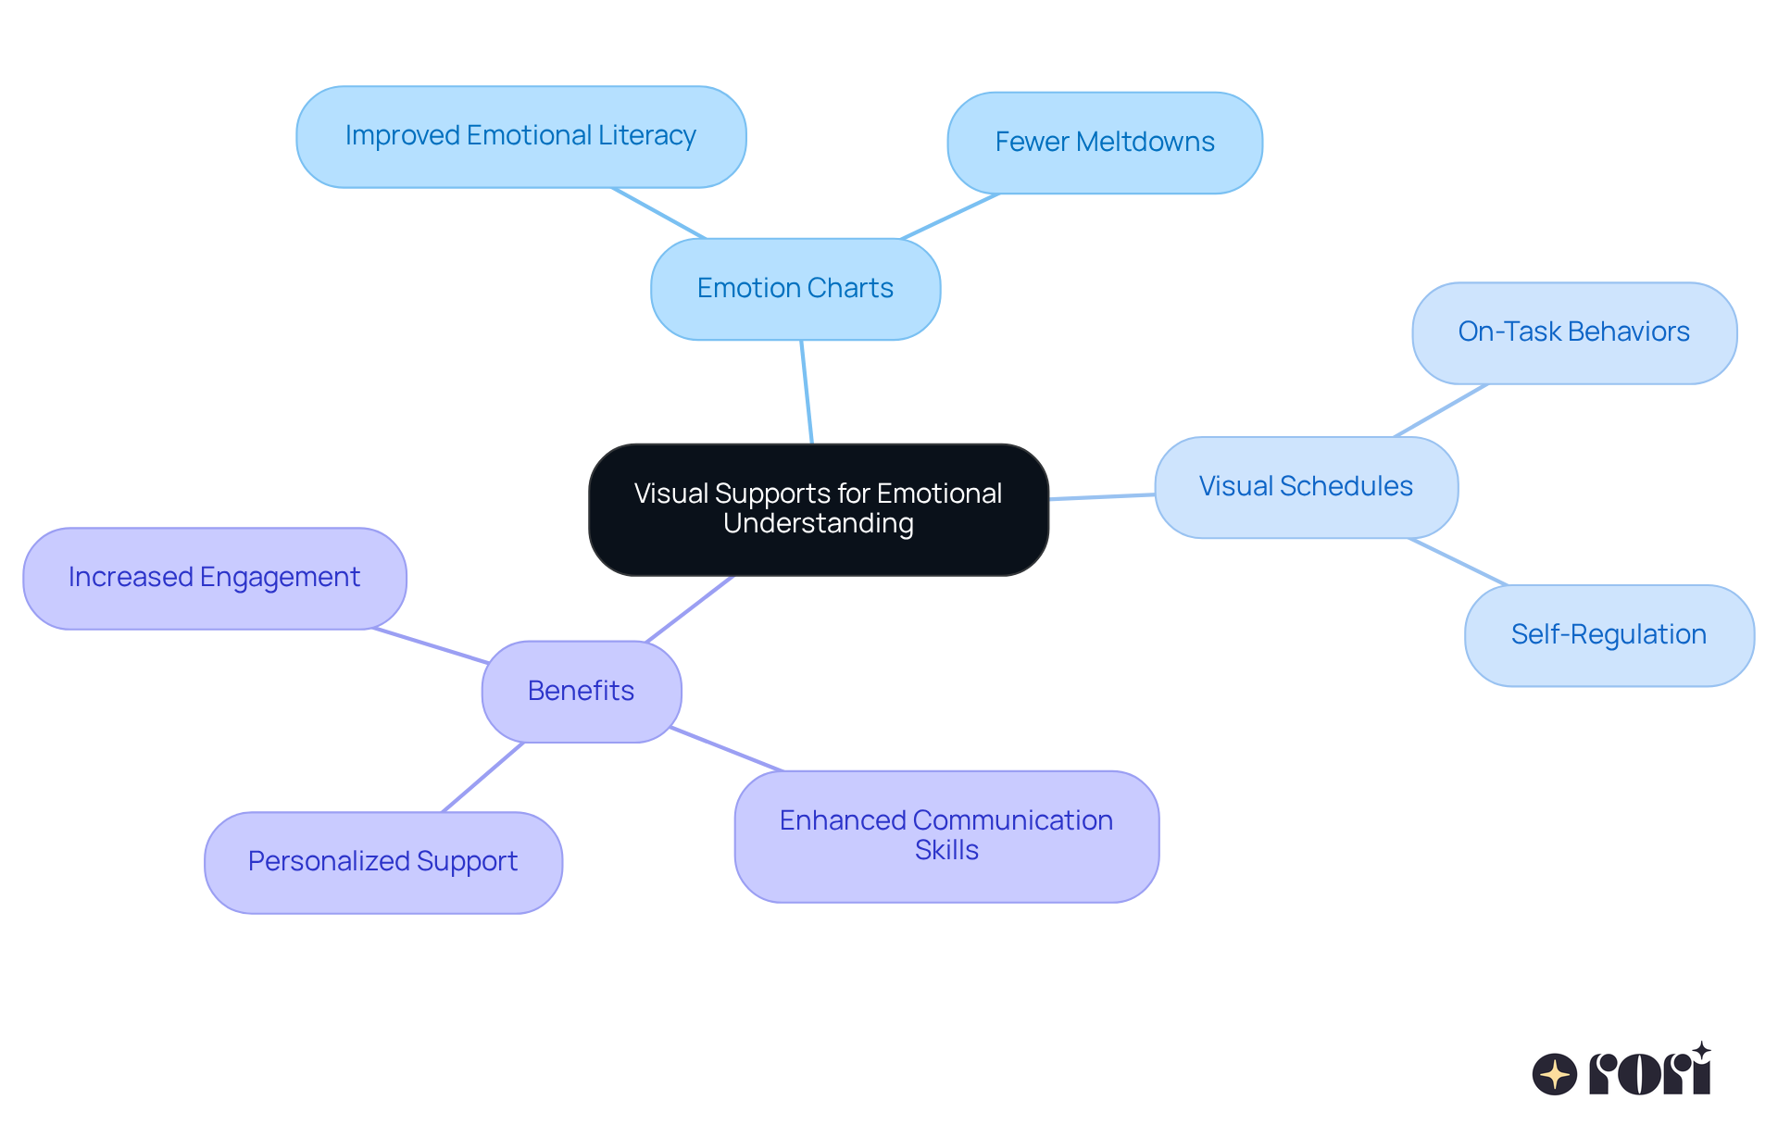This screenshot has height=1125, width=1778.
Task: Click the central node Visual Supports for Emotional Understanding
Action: (819, 508)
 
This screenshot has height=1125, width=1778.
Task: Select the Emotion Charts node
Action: (795, 289)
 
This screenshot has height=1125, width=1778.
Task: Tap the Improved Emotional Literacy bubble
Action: (520, 136)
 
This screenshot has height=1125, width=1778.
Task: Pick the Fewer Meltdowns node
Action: (1105, 143)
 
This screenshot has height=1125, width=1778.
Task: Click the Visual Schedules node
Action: (1306, 487)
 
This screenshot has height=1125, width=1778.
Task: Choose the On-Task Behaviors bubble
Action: (1573, 332)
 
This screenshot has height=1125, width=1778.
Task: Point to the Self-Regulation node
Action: (1609, 635)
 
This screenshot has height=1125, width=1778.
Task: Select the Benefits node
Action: (582, 691)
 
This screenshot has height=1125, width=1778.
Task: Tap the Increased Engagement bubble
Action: (214, 578)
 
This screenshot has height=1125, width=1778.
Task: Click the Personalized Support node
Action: (382, 862)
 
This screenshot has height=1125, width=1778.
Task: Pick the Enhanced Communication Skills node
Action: (946, 835)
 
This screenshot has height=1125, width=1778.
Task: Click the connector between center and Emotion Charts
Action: (807, 392)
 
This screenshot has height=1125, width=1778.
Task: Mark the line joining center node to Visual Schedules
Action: (1102, 497)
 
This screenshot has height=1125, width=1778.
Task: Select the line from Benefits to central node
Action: (690, 608)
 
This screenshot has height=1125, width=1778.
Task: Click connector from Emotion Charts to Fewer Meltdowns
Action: (950, 217)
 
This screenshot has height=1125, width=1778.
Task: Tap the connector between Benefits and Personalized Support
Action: (483, 777)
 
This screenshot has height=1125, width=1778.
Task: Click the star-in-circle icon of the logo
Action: (1554, 1074)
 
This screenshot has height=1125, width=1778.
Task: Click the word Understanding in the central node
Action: (819, 524)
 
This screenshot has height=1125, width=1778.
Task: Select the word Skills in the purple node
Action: (946, 850)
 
